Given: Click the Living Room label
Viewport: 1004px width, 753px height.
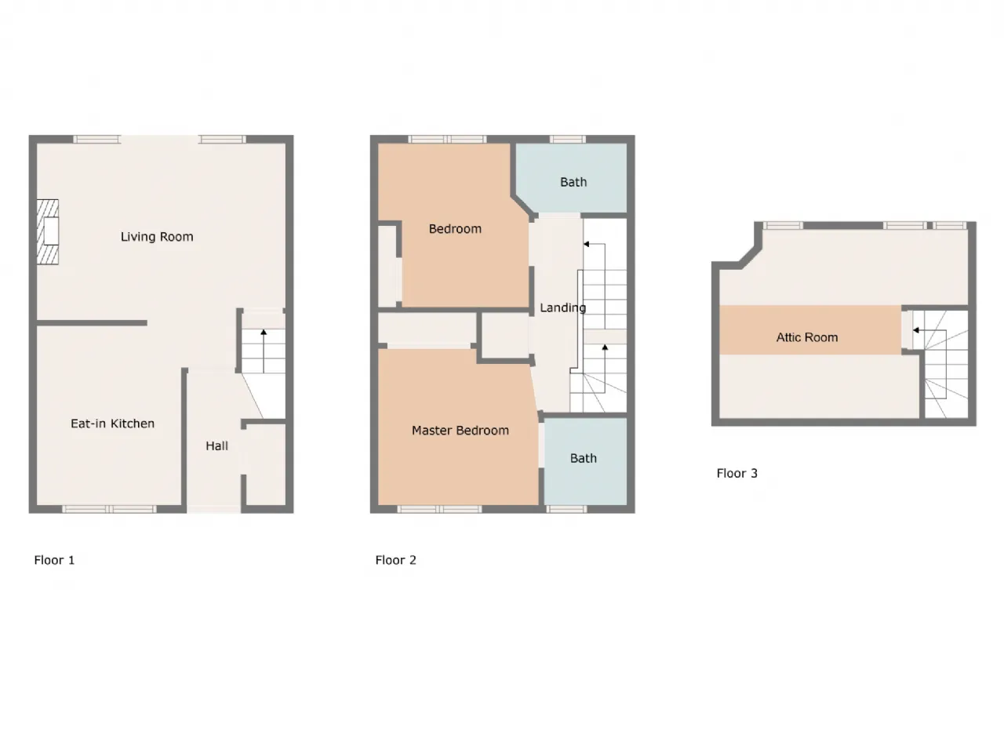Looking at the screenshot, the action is [x=157, y=237].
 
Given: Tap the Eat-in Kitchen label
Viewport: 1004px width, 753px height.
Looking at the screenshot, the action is [x=112, y=424].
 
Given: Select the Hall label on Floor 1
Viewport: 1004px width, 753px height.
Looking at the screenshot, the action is [x=216, y=446].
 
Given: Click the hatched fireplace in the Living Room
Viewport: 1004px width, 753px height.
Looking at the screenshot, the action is [x=48, y=232].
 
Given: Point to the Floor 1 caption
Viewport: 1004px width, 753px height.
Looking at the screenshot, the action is [x=54, y=560].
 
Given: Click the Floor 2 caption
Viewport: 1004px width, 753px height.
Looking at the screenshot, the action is [x=395, y=560].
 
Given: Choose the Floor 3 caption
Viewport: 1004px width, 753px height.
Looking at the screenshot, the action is [x=737, y=473].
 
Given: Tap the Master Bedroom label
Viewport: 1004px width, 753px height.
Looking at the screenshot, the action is [x=460, y=430].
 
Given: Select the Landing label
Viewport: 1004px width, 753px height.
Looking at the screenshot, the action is [x=562, y=308].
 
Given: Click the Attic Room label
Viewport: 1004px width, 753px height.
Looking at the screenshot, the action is [x=807, y=337].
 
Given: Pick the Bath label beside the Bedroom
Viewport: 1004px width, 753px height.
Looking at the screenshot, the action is [x=573, y=182].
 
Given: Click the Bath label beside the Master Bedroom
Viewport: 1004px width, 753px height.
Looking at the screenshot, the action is [x=584, y=458].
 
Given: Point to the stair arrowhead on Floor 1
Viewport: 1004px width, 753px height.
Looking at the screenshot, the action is [x=264, y=332].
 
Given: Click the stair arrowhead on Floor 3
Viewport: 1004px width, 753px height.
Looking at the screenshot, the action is [x=915, y=330].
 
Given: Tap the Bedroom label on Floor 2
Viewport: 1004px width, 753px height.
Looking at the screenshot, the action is [x=455, y=228].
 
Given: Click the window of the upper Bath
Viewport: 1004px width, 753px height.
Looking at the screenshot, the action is [x=567, y=139].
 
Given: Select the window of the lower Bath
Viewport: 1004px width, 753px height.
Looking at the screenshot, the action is [x=566, y=509].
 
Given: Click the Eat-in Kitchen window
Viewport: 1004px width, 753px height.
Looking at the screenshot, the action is [x=109, y=509].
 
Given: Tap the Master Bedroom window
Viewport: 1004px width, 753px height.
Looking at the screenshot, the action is [x=439, y=509].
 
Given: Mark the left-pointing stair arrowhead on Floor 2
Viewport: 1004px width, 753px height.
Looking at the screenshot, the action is [x=587, y=244].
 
